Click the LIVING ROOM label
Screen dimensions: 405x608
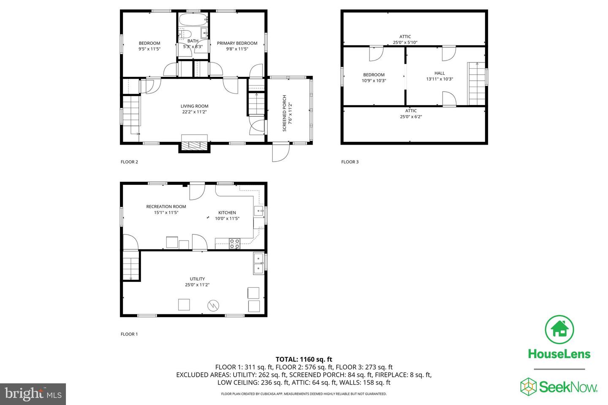[x=194, y=106]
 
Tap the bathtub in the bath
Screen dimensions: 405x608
[x=193, y=19]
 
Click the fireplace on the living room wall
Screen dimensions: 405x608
[x=194, y=143]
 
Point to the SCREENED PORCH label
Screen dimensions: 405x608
[x=285, y=113]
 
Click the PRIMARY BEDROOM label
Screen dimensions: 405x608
[x=237, y=43]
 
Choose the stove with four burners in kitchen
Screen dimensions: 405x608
[x=234, y=243]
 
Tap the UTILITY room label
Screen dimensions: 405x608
[x=197, y=279]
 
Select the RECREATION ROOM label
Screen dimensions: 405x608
[x=166, y=207]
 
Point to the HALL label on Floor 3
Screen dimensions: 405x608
[x=440, y=73]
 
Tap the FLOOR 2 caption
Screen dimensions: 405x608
[x=129, y=162]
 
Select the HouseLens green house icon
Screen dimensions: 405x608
[x=559, y=329]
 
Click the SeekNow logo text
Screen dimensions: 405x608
[x=568, y=386]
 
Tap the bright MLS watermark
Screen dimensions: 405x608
[x=33, y=394]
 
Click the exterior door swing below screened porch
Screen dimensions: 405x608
[x=280, y=153]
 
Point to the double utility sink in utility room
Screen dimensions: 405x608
[x=258, y=263]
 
